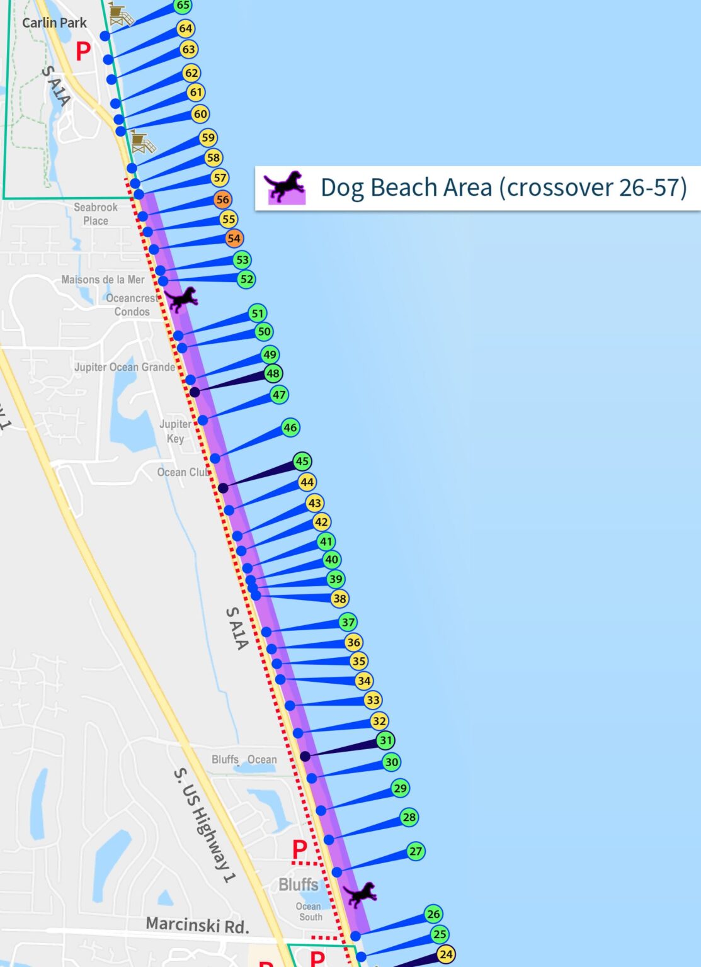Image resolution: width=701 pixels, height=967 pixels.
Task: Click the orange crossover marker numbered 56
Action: pyautogui.click(x=222, y=200)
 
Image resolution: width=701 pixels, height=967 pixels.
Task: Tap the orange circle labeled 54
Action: pyautogui.click(x=234, y=239)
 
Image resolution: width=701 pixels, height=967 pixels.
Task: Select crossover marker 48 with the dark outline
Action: pyautogui.click(x=273, y=373)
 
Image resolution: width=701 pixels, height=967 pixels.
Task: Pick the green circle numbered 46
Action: pyautogui.click(x=290, y=427)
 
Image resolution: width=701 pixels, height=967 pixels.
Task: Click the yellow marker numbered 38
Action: pyautogui.click(x=339, y=599)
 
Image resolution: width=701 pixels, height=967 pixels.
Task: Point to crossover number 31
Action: pyautogui.click(x=385, y=740)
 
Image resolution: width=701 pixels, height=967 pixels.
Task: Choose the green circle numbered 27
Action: pyautogui.click(x=416, y=851)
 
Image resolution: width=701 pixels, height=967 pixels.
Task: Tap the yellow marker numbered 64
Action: pyautogui.click(x=185, y=28)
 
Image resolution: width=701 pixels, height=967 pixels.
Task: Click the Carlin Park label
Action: pyautogui.click(x=54, y=23)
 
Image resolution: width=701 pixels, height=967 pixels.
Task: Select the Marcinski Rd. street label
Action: pyautogui.click(x=197, y=924)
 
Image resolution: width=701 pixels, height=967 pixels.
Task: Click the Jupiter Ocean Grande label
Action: pyautogui.click(x=125, y=367)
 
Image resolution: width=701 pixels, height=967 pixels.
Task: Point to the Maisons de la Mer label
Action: pyautogui.click(x=103, y=280)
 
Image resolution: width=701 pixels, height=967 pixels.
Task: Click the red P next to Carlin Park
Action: pyautogui.click(x=83, y=51)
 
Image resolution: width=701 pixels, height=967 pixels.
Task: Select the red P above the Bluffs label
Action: pyautogui.click(x=300, y=850)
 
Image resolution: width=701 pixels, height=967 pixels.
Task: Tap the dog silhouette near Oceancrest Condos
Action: pyautogui.click(x=182, y=299)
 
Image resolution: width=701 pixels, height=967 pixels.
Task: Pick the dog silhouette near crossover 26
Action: pyautogui.click(x=360, y=894)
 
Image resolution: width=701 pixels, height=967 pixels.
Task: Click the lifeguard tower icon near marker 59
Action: pyautogui.click(x=143, y=142)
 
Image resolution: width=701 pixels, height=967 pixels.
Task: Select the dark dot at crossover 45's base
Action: pyautogui.click(x=223, y=488)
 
